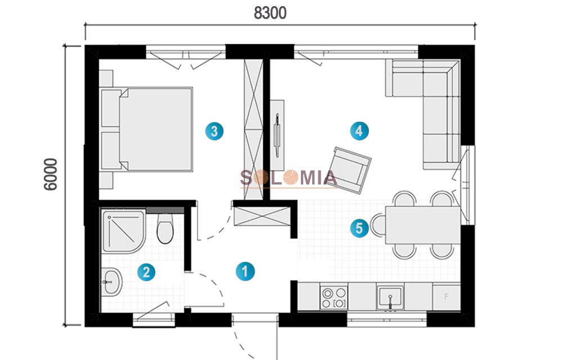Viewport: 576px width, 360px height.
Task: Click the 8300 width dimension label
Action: (270, 13)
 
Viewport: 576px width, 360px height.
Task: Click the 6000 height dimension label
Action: (51, 174)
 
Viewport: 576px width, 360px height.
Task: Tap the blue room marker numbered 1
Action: (245, 272)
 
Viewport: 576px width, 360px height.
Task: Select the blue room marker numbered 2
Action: (146, 272)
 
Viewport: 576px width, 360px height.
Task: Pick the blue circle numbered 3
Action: (214, 131)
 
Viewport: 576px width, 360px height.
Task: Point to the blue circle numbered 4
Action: (359, 130)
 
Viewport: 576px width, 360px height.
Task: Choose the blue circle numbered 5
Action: (359, 228)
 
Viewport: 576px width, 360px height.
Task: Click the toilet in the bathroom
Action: (165, 228)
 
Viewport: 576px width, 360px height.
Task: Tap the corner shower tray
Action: (124, 231)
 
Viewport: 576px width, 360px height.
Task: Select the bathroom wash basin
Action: (111, 282)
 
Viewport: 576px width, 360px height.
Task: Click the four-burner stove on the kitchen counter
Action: (334, 298)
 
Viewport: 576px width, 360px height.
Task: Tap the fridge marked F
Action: (446, 296)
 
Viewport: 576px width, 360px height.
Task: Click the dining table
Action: (422, 224)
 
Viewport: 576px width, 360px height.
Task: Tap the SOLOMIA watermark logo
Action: (289, 178)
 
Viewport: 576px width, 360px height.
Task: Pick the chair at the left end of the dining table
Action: (378, 225)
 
